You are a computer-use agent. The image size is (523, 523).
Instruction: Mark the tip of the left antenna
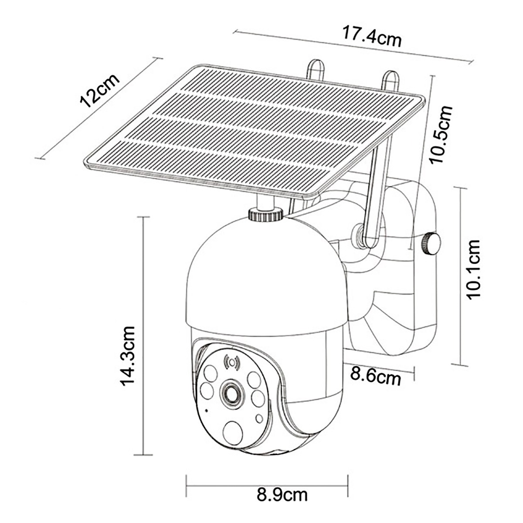tap(316, 64)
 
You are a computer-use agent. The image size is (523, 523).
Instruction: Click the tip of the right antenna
tap(389, 75)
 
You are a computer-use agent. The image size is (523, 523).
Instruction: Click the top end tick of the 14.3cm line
tap(143, 216)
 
